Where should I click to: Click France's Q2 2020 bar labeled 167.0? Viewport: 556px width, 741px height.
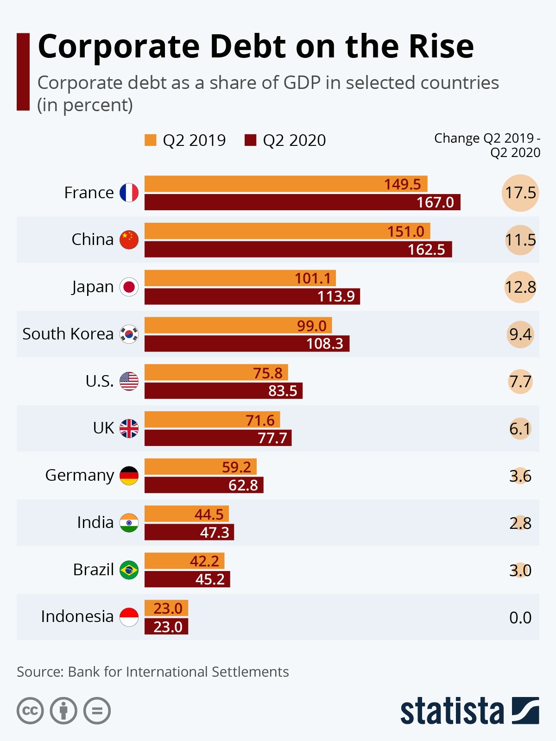302,202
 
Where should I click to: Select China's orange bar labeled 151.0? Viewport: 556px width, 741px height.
287,231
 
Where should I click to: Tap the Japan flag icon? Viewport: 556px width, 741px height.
129,287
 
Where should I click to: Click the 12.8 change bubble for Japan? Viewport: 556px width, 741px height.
520,287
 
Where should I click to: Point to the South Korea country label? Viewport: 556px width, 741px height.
68,334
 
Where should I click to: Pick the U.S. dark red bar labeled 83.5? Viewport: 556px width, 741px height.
223,391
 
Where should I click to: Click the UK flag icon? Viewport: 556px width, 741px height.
129,428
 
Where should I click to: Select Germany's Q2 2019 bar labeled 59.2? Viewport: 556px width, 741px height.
200,467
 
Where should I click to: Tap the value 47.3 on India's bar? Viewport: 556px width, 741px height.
215,533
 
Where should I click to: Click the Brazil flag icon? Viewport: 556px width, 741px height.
129,570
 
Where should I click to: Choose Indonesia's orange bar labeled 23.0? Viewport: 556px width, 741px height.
166,608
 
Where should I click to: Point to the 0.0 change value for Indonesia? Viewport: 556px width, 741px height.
520,617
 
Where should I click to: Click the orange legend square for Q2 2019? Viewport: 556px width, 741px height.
151,140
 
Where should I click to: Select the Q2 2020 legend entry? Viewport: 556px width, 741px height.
285,140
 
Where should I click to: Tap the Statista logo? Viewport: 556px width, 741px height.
469,710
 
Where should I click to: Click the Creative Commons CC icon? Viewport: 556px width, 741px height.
30,710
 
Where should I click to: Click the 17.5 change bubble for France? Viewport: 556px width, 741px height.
520,193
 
